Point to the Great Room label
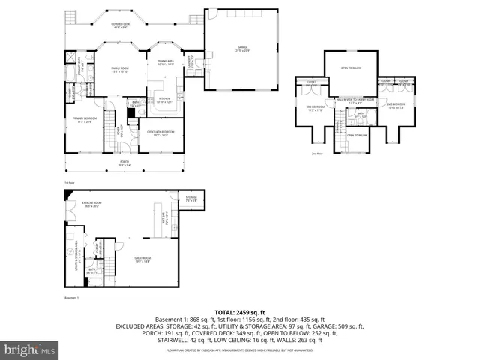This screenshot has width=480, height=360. (x=144, y=260)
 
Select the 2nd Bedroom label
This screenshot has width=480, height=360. (x=395, y=105)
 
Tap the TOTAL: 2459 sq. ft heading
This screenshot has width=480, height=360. (x=240, y=311)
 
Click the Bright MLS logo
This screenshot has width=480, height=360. (x=28, y=349)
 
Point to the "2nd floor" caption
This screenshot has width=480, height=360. (x=316, y=153)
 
